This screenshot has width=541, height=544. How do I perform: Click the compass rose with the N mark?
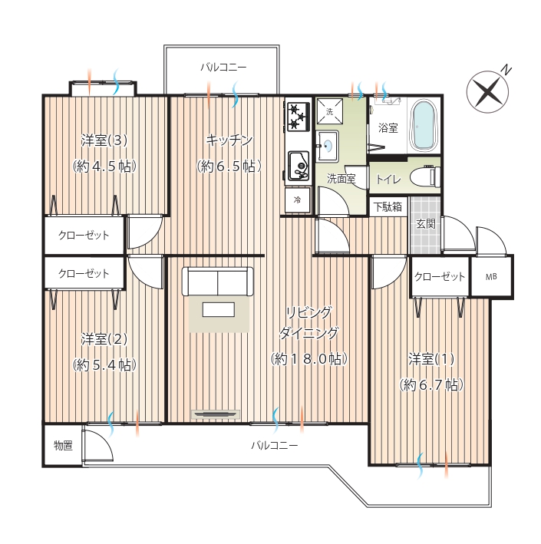tap(487, 92)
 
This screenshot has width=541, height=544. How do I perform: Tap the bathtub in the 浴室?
tap(424, 126)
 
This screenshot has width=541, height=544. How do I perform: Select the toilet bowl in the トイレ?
tap(425, 176)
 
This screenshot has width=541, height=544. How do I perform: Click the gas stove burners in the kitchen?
tap(298, 117)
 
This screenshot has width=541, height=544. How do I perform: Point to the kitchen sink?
tap(299, 166)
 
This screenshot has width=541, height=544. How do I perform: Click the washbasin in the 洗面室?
tap(327, 146)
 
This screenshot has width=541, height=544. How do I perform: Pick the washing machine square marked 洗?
tap(329, 111)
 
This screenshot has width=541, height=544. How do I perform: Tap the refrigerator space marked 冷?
tap(298, 199)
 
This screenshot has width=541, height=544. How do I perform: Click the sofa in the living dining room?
tap(218, 281)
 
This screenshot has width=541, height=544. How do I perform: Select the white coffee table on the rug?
tap(219, 309)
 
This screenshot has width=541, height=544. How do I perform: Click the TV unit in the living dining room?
tap(216, 414)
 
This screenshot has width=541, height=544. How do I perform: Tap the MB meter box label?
tap(491, 277)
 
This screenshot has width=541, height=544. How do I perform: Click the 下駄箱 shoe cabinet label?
tap(388, 207)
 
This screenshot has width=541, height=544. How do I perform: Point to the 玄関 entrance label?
tap(425, 224)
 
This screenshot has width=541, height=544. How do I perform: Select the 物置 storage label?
tap(63, 445)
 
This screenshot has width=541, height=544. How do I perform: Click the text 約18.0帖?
tap(308, 359)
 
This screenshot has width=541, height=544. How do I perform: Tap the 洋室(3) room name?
tap(104, 140)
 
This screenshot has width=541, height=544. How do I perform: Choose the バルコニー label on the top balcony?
tap(223, 67)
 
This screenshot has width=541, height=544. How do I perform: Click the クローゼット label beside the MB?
tap(440, 277)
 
